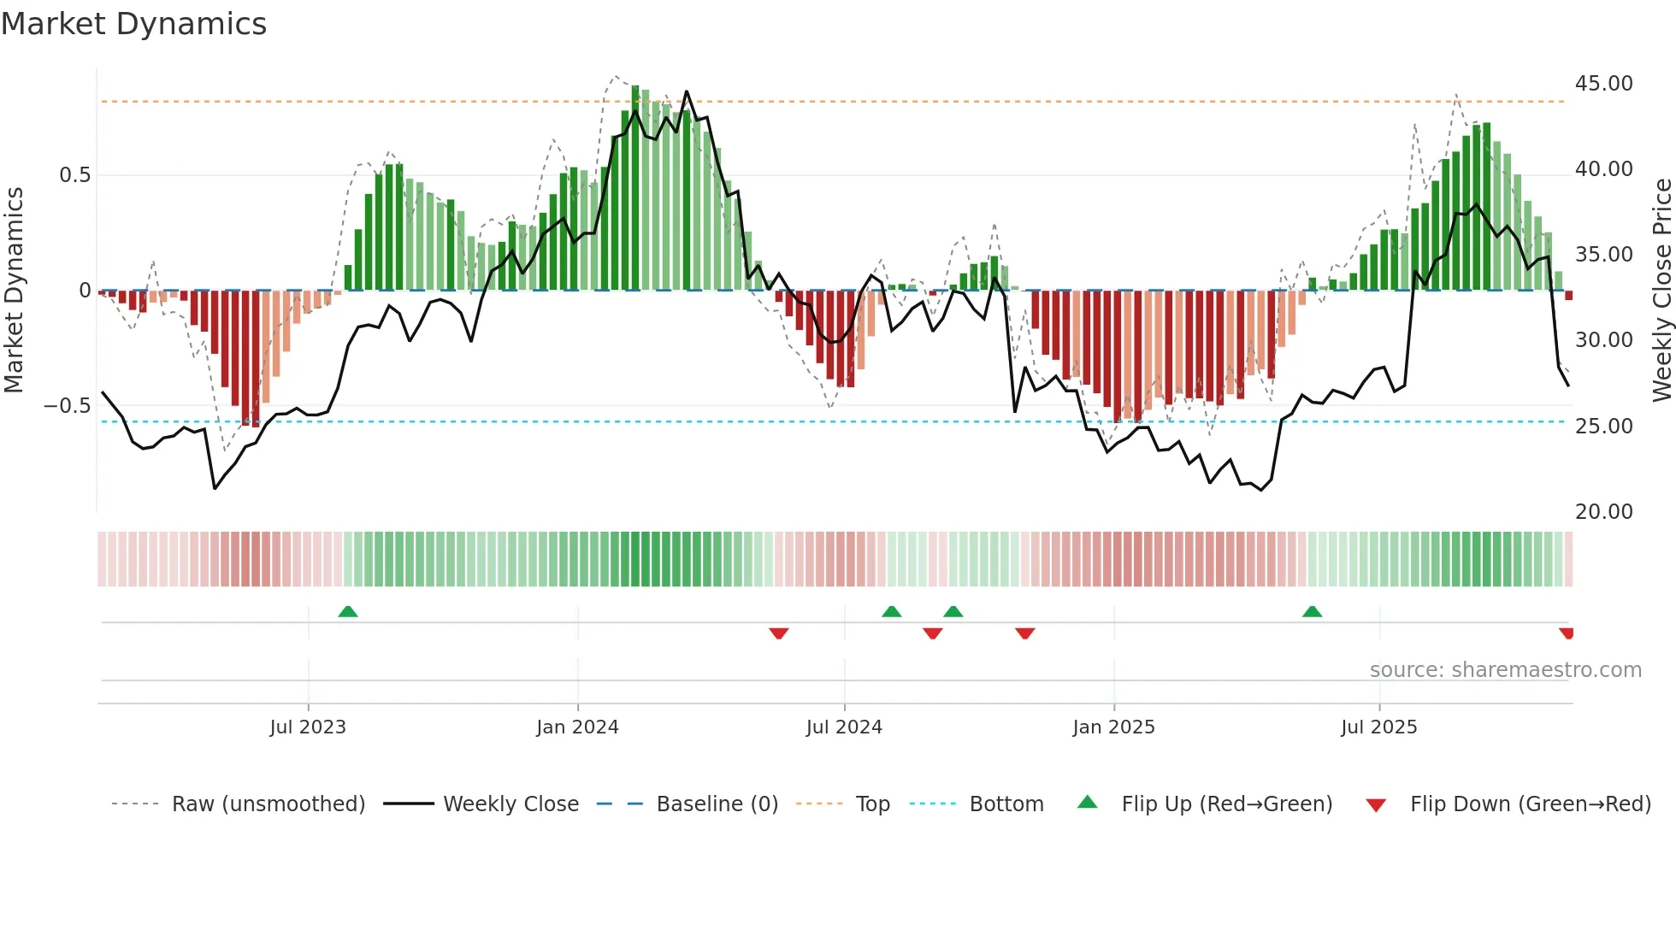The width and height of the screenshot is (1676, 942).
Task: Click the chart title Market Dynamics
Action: tap(133, 24)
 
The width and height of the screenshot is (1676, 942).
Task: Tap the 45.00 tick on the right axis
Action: tap(1603, 84)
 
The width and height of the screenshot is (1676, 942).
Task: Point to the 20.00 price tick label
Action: tap(1603, 512)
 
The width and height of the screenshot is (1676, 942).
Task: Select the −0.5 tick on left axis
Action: tap(68, 406)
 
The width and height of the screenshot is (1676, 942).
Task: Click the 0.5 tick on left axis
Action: tap(74, 175)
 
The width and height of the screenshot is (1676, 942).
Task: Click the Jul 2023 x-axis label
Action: tap(308, 727)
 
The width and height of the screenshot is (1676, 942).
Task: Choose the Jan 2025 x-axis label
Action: tap(1113, 727)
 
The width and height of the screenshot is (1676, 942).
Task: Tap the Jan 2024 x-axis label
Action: tap(577, 727)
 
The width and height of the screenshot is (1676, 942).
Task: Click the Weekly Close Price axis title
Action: tap(1661, 290)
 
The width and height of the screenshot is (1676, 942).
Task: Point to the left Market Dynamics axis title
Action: tap(14, 290)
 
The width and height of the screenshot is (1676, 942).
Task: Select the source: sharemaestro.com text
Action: tap(1505, 670)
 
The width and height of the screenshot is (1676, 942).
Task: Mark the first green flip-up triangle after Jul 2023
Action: tap(347, 612)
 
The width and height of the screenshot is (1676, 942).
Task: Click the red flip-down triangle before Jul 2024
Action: tap(778, 633)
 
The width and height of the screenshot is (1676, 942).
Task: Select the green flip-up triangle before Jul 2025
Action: tap(1312, 612)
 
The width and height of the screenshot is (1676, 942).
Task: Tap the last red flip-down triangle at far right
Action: tap(1567, 633)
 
